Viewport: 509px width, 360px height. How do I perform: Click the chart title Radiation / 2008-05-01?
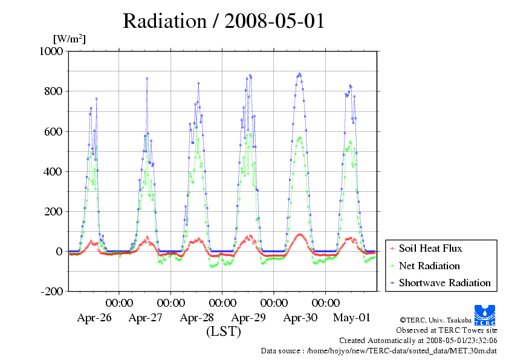pyautogui.click(x=224, y=21)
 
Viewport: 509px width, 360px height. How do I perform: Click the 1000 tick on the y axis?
pyautogui.click(x=51, y=51)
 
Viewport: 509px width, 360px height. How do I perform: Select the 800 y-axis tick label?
pyautogui.click(x=54, y=91)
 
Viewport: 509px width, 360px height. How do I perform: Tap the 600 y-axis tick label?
pyautogui.click(x=54, y=131)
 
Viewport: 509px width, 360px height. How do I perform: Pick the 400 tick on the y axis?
pyautogui.click(x=54, y=171)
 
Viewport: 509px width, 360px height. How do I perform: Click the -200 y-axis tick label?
pyautogui.click(x=53, y=291)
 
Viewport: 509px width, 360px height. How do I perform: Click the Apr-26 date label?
pyautogui.click(x=94, y=318)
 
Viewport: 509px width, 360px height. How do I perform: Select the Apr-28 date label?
pyautogui.click(x=196, y=318)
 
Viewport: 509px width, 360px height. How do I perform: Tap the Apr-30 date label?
pyautogui.click(x=300, y=318)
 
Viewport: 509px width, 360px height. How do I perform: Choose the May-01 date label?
pyautogui.click(x=351, y=318)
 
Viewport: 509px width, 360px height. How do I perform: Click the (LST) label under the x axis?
pyautogui.click(x=224, y=332)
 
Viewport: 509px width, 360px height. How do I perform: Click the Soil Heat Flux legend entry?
pyautogui.click(x=430, y=248)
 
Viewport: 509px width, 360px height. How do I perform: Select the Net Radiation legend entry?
pyautogui.click(x=429, y=266)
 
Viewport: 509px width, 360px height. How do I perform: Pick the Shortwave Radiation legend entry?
pyautogui.click(x=444, y=283)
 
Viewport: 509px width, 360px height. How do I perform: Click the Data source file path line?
pyautogui.click(x=379, y=350)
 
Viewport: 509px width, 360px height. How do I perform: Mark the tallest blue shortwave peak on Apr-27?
pyautogui.click(x=146, y=78)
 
